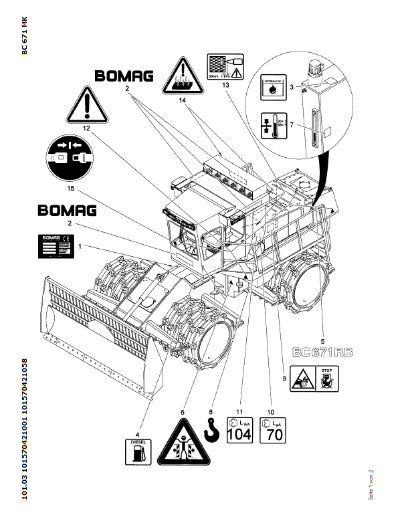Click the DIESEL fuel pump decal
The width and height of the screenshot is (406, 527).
point(138,452)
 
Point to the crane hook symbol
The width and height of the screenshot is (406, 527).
point(212,431)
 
